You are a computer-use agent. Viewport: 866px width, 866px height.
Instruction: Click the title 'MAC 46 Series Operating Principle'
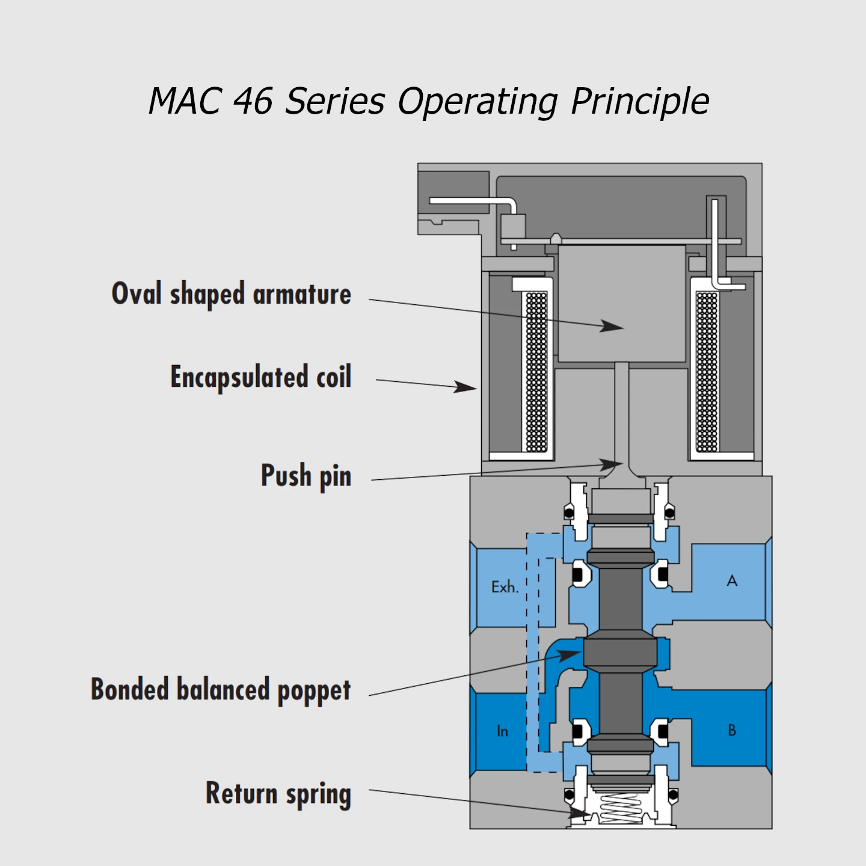pos(429,101)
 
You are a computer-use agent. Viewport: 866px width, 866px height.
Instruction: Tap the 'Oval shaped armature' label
pos(232,294)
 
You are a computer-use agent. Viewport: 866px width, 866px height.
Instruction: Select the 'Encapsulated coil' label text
pos(261,377)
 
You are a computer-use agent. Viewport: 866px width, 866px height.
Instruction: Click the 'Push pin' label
pos(306,476)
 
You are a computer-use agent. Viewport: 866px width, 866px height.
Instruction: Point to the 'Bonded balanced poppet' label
pos(221,690)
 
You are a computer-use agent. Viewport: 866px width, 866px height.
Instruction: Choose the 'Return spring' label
pos(278,793)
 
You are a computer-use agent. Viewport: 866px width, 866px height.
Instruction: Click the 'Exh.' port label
pos(505,587)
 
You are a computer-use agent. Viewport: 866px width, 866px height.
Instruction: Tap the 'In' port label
pos(502,731)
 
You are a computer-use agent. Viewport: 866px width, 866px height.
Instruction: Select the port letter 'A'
pos(732,581)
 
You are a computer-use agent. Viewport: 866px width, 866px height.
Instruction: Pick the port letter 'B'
pos(732,730)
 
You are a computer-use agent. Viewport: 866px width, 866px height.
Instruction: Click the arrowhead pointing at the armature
pos(613,327)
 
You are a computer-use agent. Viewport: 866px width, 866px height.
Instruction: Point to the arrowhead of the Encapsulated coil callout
pos(465,387)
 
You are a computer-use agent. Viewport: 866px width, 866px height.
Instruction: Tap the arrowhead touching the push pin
pos(611,464)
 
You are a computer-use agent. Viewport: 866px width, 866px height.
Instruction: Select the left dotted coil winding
pos(536,371)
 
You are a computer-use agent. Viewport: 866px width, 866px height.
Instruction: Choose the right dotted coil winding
pos(707,371)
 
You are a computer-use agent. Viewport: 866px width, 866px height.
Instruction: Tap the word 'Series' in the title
pos(334,101)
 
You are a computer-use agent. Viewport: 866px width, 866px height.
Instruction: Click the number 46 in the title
pos(253,101)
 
